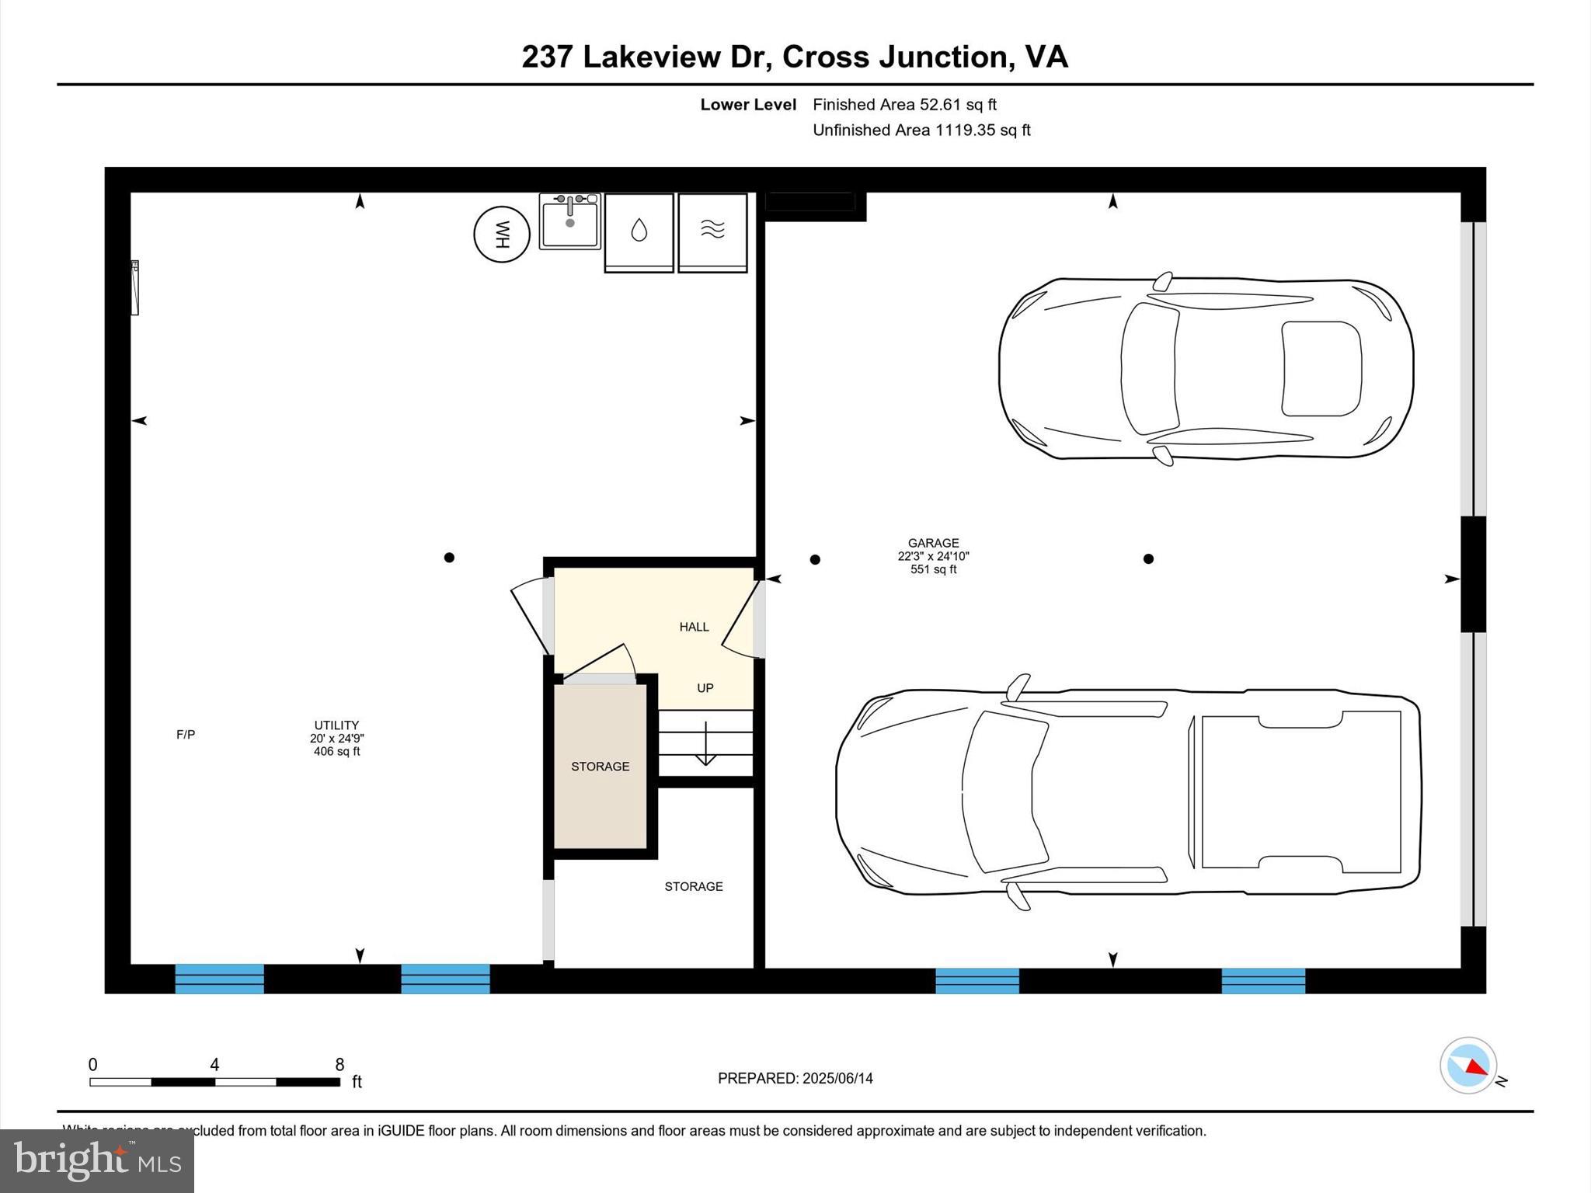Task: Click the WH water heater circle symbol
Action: [x=502, y=234]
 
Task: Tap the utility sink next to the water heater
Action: [x=569, y=222]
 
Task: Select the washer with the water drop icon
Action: [x=639, y=231]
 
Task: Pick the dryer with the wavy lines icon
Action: [x=712, y=231]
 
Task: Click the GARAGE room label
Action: [x=933, y=543]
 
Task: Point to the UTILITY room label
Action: [x=336, y=725]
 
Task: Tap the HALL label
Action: [x=694, y=627]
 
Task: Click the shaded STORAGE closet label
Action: [x=600, y=767]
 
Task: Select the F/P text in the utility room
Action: [x=186, y=735]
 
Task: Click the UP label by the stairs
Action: [x=705, y=688]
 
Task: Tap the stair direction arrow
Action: [x=705, y=746]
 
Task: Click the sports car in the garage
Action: [x=1205, y=368]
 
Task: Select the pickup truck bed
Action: [x=1300, y=791]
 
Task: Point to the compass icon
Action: [x=1467, y=1066]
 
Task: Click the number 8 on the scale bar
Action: [x=339, y=1065]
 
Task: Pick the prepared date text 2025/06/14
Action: [x=837, y=1078]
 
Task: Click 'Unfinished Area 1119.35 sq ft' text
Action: [x=921, y=130]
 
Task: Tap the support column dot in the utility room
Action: [x=449, y=558]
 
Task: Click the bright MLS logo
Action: [x=97, y=1160]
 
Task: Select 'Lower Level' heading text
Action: [x=748, y=105]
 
